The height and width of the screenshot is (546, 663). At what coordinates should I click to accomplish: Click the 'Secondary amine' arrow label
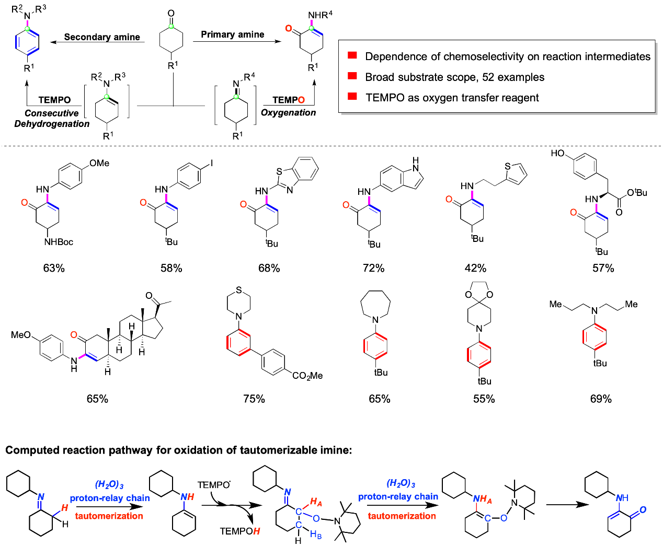click(102, 37)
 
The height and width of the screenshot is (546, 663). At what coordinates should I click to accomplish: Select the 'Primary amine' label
click(233, 34)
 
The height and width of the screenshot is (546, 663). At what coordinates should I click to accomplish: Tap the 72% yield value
click(373, 268)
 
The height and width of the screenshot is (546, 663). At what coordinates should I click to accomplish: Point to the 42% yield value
click(475, 268)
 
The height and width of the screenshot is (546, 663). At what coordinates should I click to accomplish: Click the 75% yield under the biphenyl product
click(254, 399)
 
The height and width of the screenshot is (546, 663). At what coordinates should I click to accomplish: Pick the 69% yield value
click(601, 399)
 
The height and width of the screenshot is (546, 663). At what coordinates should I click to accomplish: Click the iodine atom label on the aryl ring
click(211, 164)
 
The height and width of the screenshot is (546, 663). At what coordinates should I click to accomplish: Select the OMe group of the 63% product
click(99, 164)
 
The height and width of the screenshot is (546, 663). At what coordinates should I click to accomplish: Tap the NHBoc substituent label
click(59, 242)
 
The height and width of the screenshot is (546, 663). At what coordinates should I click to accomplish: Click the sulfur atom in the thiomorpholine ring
click(239, 289)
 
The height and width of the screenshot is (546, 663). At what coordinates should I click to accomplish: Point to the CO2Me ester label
click(307, 376)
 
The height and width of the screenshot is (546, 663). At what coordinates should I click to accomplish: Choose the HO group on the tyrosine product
click(558, 153)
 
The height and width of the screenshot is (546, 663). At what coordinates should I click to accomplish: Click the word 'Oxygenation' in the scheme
click(289, 112)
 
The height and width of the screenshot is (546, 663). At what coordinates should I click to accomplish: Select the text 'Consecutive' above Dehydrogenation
click(51, 113)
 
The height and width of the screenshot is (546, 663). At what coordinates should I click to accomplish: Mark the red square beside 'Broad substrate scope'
click(352, 76)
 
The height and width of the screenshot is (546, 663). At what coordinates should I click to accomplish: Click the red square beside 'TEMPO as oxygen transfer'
click(352, 97)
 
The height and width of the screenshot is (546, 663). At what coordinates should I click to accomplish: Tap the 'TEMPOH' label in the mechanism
click(239, 531)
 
